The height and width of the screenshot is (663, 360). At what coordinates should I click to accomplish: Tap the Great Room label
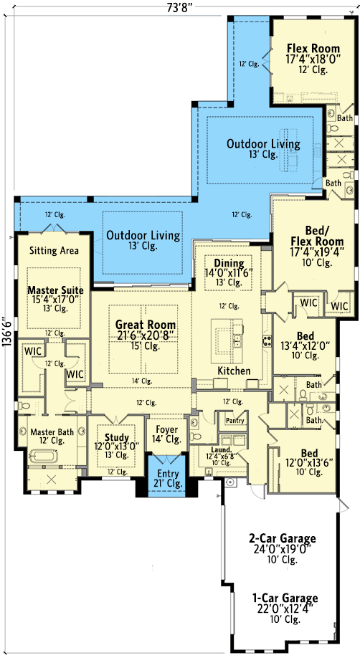146,325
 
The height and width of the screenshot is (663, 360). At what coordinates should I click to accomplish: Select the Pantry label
235,421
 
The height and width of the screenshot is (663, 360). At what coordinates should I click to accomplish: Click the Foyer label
166,429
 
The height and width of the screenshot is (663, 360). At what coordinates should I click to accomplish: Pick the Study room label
117,438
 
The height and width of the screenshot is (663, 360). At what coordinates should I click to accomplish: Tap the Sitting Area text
54,250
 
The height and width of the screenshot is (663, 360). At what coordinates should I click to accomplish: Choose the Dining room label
229,264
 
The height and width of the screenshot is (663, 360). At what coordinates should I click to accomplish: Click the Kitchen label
234,371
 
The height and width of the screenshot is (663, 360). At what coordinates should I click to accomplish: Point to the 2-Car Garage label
282,538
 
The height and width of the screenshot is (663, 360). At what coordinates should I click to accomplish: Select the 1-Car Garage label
285,598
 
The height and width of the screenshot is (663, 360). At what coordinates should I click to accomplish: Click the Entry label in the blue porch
168,474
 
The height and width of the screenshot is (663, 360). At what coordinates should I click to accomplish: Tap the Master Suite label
55,290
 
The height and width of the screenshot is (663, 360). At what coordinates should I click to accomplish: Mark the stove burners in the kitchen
267,340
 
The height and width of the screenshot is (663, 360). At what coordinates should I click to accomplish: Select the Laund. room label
222,450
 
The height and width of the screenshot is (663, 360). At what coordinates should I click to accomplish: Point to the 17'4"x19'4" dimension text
317,252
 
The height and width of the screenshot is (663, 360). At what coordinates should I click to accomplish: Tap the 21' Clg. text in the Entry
168,483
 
